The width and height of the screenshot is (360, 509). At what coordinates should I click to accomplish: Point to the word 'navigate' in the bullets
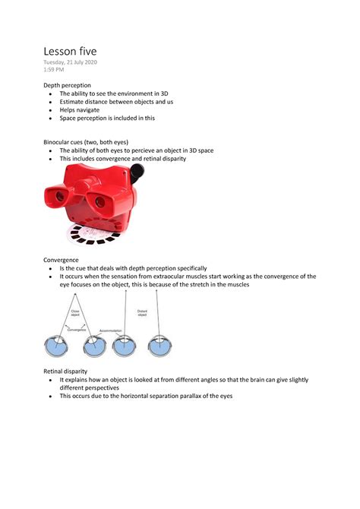pyautogui.click(x=90, y=109)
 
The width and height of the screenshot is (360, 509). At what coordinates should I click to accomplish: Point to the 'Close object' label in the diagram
pyautogui.click(x=96, y=313)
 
